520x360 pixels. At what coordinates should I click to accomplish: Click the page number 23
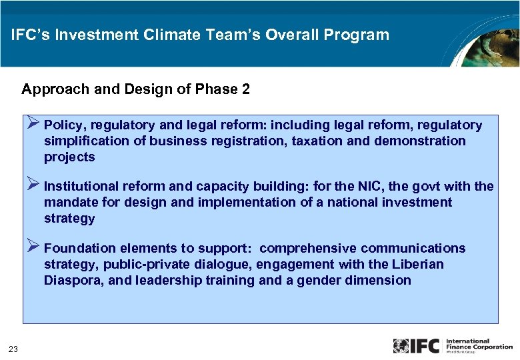click(x=13, y=347)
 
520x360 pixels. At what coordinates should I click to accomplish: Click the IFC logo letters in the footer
click(x=426, y=346)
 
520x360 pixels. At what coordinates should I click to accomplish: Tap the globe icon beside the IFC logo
click(x=401, y=346)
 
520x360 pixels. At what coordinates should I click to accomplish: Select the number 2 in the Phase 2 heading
click(x=246, y=89)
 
